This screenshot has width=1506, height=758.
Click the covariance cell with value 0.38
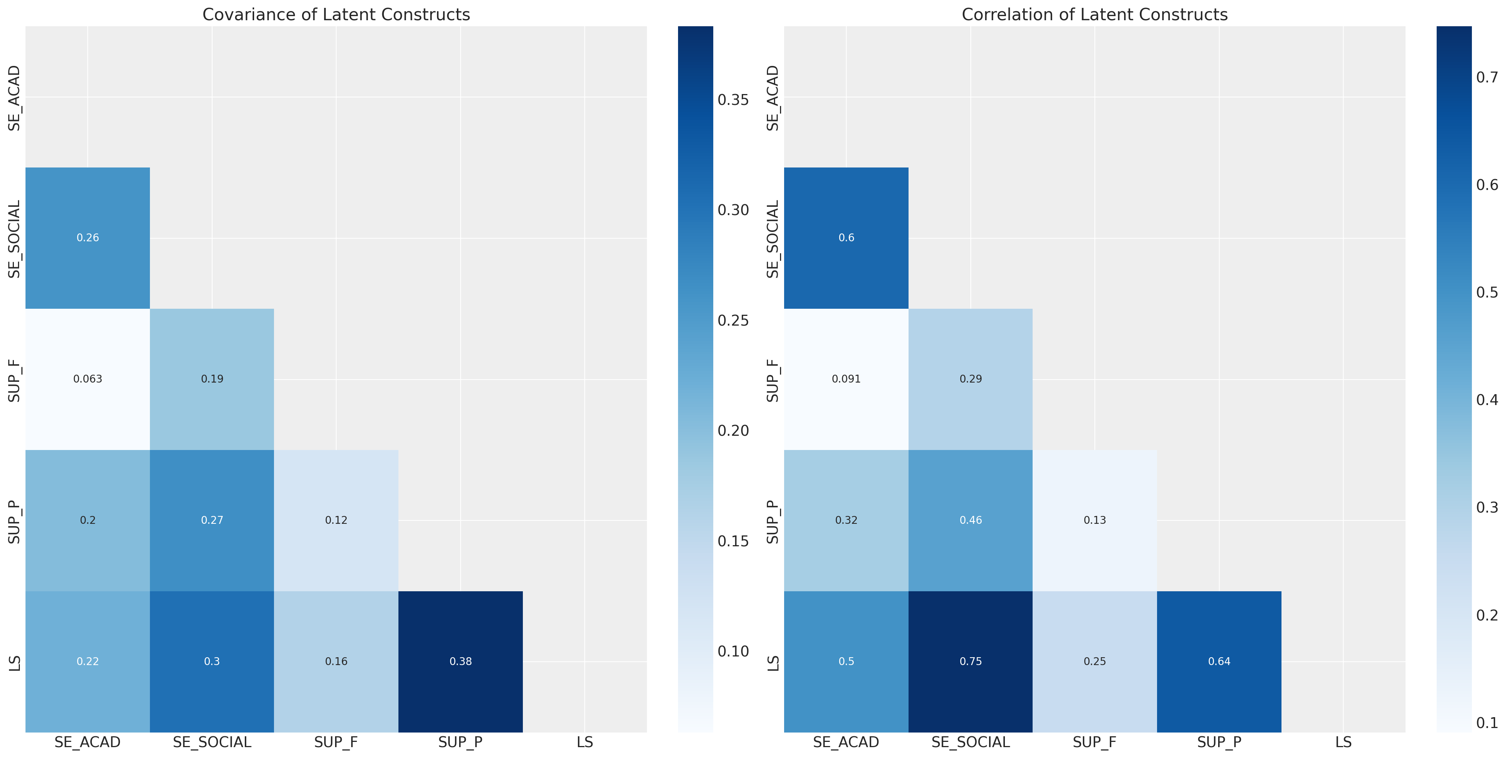pyautogui.click(x=460, y=661)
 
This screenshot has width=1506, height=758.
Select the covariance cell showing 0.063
pyautogui.click(x=88, y=379)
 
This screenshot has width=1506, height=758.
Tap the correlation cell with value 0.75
pyautogui.click(x=970, y=661)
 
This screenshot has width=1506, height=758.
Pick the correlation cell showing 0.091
pyautogui.click(x=846, y=379)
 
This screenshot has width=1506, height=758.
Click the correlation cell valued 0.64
pyautogui.click(x=1219, y=661)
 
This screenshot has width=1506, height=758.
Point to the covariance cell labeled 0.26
pyautogui.click(x=88, y=237)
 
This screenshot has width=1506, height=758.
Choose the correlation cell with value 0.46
pyautogui.click(x=970, y=520)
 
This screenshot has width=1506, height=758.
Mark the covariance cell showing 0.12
pyautogui.click(x=336, y=520)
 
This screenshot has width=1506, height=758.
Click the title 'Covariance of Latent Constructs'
pyautogui.click(x=336, y=15)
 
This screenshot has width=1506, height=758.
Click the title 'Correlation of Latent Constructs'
pyautogui.click(x=1094, y=15)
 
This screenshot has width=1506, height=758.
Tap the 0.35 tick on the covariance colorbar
pyautogui.click(x=733, y=100)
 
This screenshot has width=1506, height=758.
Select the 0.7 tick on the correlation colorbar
pyautogui.click(x=1487, y=77)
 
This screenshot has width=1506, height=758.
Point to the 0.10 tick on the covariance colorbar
pyautogui.click(x=733, y=651)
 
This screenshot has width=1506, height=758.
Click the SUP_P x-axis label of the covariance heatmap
pyautogui.click(x=460, y=742)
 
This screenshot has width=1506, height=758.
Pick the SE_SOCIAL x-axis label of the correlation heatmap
pyautogui.click(x=970, y=742)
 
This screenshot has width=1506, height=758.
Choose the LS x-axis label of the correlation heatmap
pyautogui.click(x=1343, y=742)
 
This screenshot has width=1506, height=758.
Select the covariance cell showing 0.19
pyautogui.click(x=212, y=379)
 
